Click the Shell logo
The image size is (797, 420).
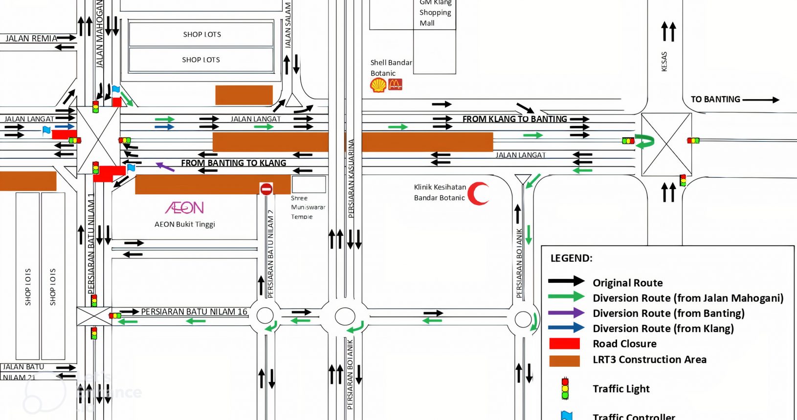(x=378, y=85)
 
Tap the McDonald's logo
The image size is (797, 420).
(x=395, y=84)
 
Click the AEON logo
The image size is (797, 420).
(x=184, y=208)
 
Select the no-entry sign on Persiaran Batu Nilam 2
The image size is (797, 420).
(x=266, y=189)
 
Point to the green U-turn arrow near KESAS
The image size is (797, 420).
(x=645, y=141)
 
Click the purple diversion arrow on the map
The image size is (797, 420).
(x=165, y=167)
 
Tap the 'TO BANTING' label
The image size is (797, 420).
(x=715, y=100)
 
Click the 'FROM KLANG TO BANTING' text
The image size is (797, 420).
(x=514, y=119)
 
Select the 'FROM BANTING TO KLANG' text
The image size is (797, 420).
(x=233, y=163)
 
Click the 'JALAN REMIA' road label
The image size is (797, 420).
(x=31, y=39)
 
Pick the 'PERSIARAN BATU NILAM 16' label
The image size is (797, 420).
(x=194, y=312)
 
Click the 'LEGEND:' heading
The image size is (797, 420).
(x=571, y=258)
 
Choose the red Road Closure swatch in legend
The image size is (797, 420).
(x=564, y=344)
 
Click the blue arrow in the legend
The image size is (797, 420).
(x=566, y=328)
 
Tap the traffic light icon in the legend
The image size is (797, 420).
(x=565, y=388)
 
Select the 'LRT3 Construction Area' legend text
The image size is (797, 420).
(x=649, y=359)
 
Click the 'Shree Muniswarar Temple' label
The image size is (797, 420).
(x=308, y=207)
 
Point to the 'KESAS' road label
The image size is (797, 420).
(x=664, y=62)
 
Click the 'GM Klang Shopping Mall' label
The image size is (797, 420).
(x=435, y=13)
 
